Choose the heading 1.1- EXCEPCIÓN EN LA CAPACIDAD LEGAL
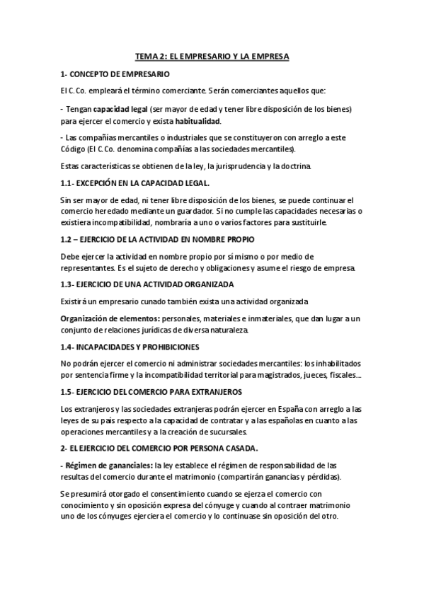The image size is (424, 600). [125, 183]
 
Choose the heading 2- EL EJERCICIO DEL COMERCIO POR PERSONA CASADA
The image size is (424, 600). [159, 449]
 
